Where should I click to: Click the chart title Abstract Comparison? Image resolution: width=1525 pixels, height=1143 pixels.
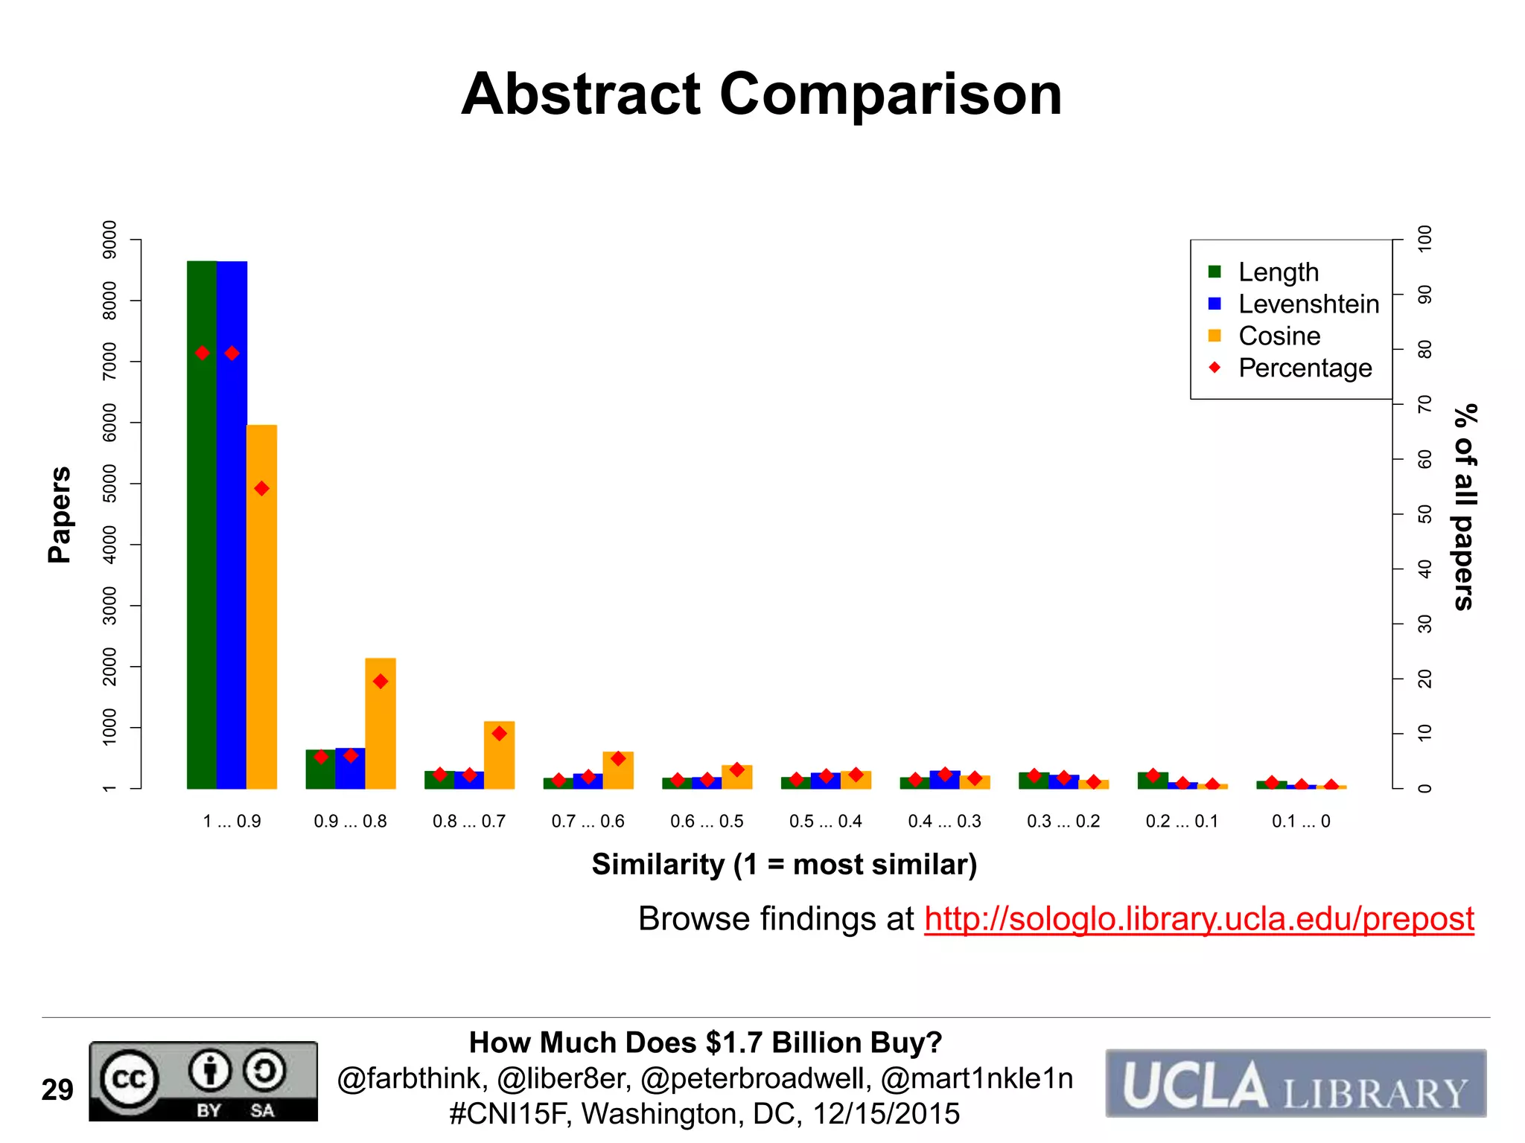pos(761,95)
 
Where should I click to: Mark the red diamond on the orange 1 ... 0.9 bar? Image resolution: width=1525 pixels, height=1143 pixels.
pos(261,489)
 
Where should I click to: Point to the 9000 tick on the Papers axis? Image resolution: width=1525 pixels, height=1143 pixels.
pos(109,240)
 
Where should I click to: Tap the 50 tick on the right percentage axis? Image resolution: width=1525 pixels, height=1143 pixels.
pos(1424,514)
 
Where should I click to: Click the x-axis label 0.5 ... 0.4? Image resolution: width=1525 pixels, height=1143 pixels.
pos(825,822)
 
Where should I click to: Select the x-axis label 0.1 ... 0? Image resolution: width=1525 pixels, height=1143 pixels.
pos(1301,822)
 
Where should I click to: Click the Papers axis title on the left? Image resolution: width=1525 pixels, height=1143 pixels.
pos(60,514)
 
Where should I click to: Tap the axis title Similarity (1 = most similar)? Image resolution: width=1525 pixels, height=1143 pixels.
pos(784,865)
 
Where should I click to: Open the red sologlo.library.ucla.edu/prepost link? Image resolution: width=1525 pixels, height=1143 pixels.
pos(1199,919)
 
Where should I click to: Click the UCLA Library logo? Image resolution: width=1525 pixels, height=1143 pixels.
pos(1296,1083)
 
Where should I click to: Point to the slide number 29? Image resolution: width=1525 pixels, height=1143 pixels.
pos(57,1090)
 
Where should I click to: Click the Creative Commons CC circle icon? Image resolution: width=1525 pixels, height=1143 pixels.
pos(130,1079)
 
